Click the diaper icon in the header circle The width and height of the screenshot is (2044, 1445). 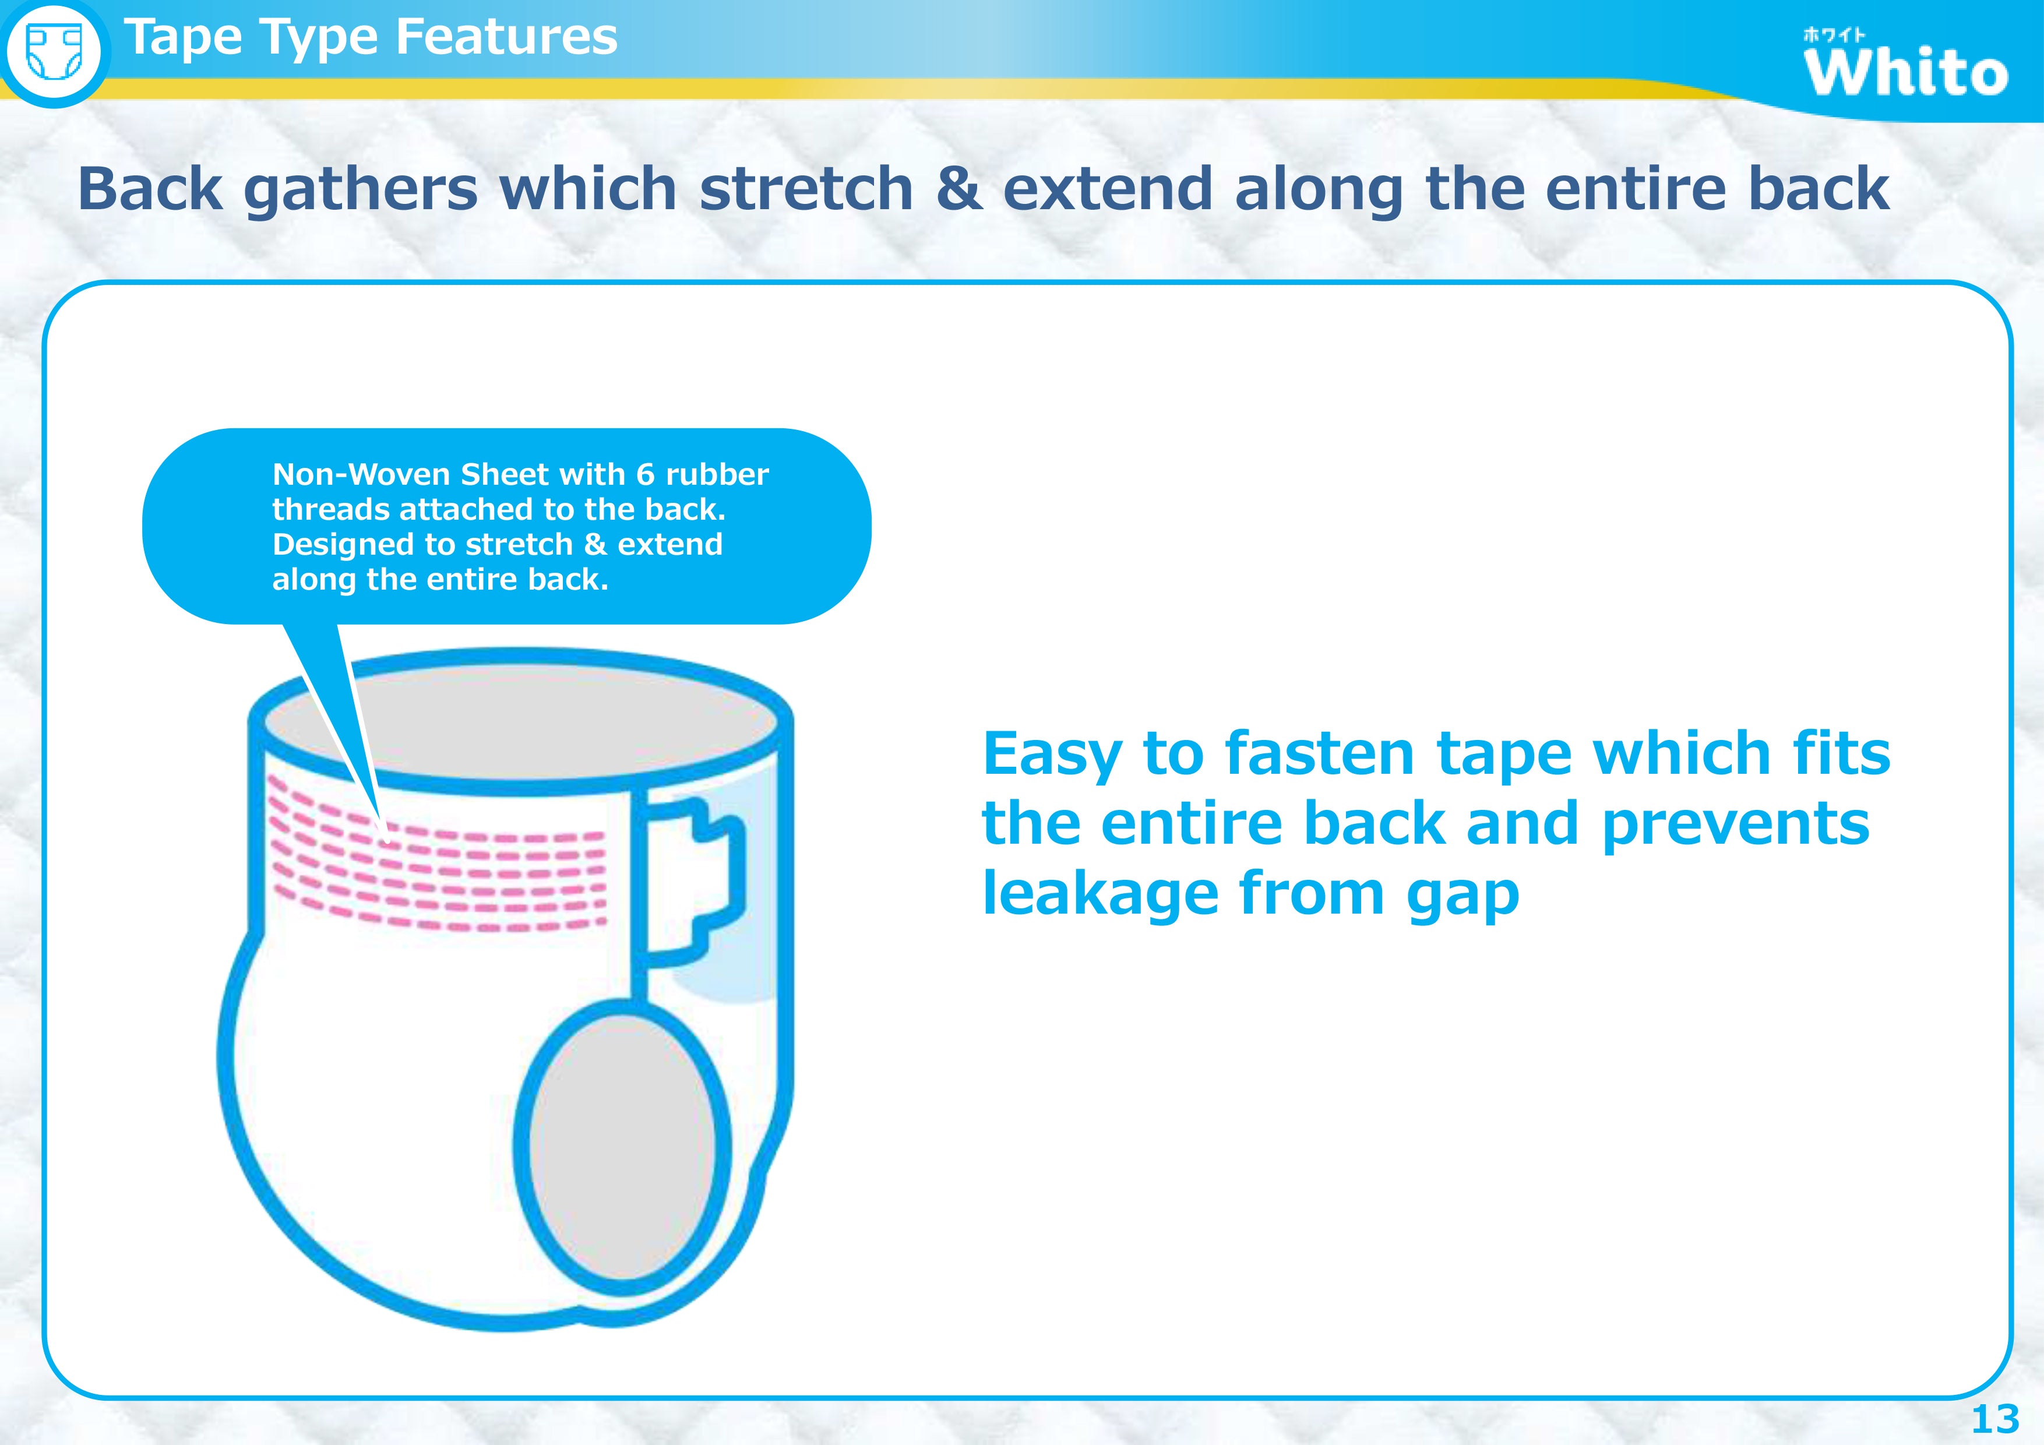[x=54, y=52]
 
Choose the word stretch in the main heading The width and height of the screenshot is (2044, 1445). [x=806, y=189]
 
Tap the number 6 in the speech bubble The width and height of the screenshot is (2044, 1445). [x=646, y=474]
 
